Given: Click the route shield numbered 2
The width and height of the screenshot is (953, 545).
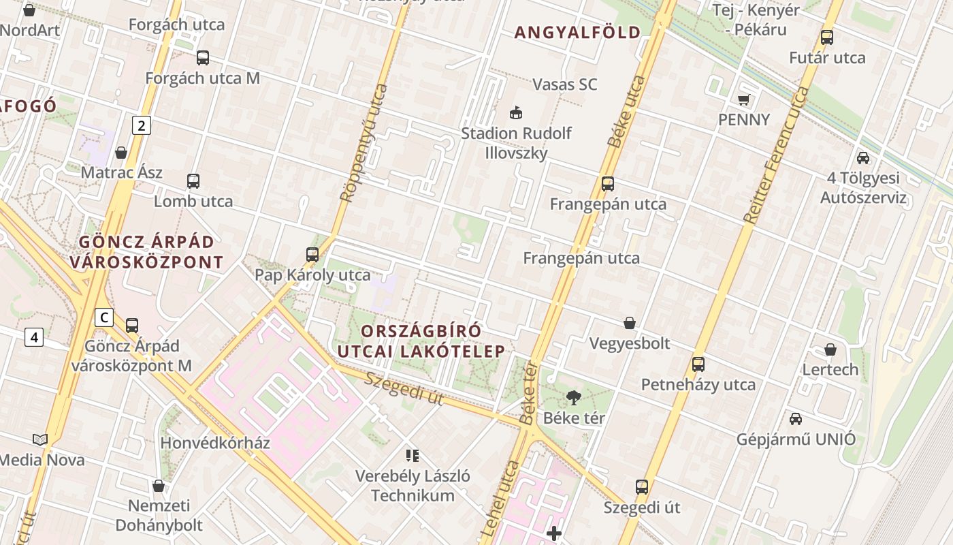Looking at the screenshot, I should tap(141, 125).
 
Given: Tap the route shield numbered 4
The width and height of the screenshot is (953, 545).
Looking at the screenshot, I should tap(34, 337).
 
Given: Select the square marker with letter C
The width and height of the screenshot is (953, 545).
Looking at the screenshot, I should tap(103, 317).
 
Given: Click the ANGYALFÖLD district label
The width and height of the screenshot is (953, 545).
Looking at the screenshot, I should tap(577, 32).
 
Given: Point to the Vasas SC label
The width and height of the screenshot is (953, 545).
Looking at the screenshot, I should tap(564, 84).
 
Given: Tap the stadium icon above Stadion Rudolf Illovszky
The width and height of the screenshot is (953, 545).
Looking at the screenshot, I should tap(516, 112).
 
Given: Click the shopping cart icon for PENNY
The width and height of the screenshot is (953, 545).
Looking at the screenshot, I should tap(744, 99).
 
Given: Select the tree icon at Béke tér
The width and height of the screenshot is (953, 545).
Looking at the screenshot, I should tap(574, 397).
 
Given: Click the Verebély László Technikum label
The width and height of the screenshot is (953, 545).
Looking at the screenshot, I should tap(413, 485).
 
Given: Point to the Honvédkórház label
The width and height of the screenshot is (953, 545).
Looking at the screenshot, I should tap(215, 443).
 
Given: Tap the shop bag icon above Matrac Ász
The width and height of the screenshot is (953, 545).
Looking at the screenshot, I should tap(121, 152).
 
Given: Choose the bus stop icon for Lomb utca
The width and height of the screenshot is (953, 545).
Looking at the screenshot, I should tap(193, 181).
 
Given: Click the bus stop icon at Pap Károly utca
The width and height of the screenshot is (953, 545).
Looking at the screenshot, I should tap(312, 255).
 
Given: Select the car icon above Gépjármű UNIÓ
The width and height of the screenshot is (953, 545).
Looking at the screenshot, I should tap(795, 418).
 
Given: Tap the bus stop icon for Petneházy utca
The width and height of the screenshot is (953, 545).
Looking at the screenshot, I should tap(698, 364).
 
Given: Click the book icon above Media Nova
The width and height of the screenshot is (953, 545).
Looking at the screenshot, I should tap(40, 440).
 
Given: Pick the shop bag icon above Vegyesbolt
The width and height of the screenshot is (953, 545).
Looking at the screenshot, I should tap(630, 322).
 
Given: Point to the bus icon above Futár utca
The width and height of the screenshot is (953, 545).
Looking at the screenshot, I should tap(827, 37).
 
